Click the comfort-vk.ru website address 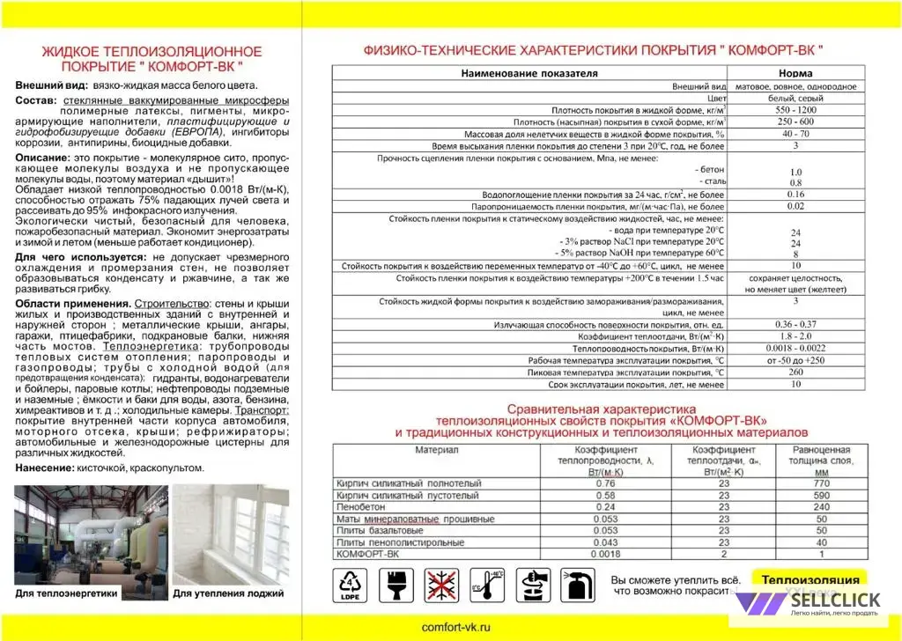point(455,626)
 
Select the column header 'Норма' point(795,73)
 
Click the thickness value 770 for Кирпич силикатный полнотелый point(822,483)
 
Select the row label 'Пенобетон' point(360,507)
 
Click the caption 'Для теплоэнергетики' point(66,594)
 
